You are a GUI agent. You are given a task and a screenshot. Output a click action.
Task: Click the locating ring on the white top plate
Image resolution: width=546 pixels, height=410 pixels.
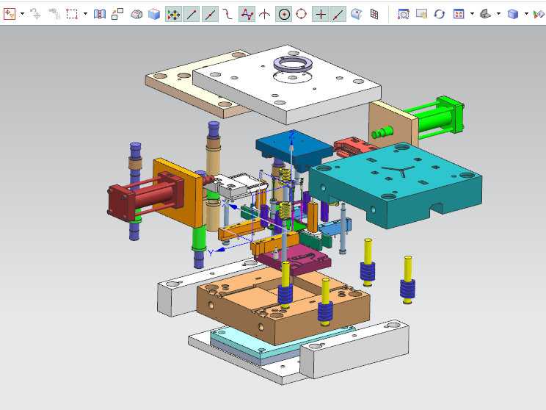(292, 65)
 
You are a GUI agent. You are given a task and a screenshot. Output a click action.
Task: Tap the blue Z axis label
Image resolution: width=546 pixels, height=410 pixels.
(291, 136)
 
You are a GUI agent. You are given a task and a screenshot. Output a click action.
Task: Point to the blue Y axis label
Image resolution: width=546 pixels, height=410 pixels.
(210, 252)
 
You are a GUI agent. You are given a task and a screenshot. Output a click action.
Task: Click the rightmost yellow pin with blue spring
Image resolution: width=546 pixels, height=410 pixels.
(407, 276)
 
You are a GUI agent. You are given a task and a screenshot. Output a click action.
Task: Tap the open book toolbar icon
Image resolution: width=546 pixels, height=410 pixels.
(100, 13)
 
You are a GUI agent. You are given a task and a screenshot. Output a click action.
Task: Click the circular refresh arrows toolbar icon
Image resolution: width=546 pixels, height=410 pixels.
(439, 13)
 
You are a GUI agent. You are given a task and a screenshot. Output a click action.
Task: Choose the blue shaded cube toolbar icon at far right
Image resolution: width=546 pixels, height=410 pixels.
(513, 13)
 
